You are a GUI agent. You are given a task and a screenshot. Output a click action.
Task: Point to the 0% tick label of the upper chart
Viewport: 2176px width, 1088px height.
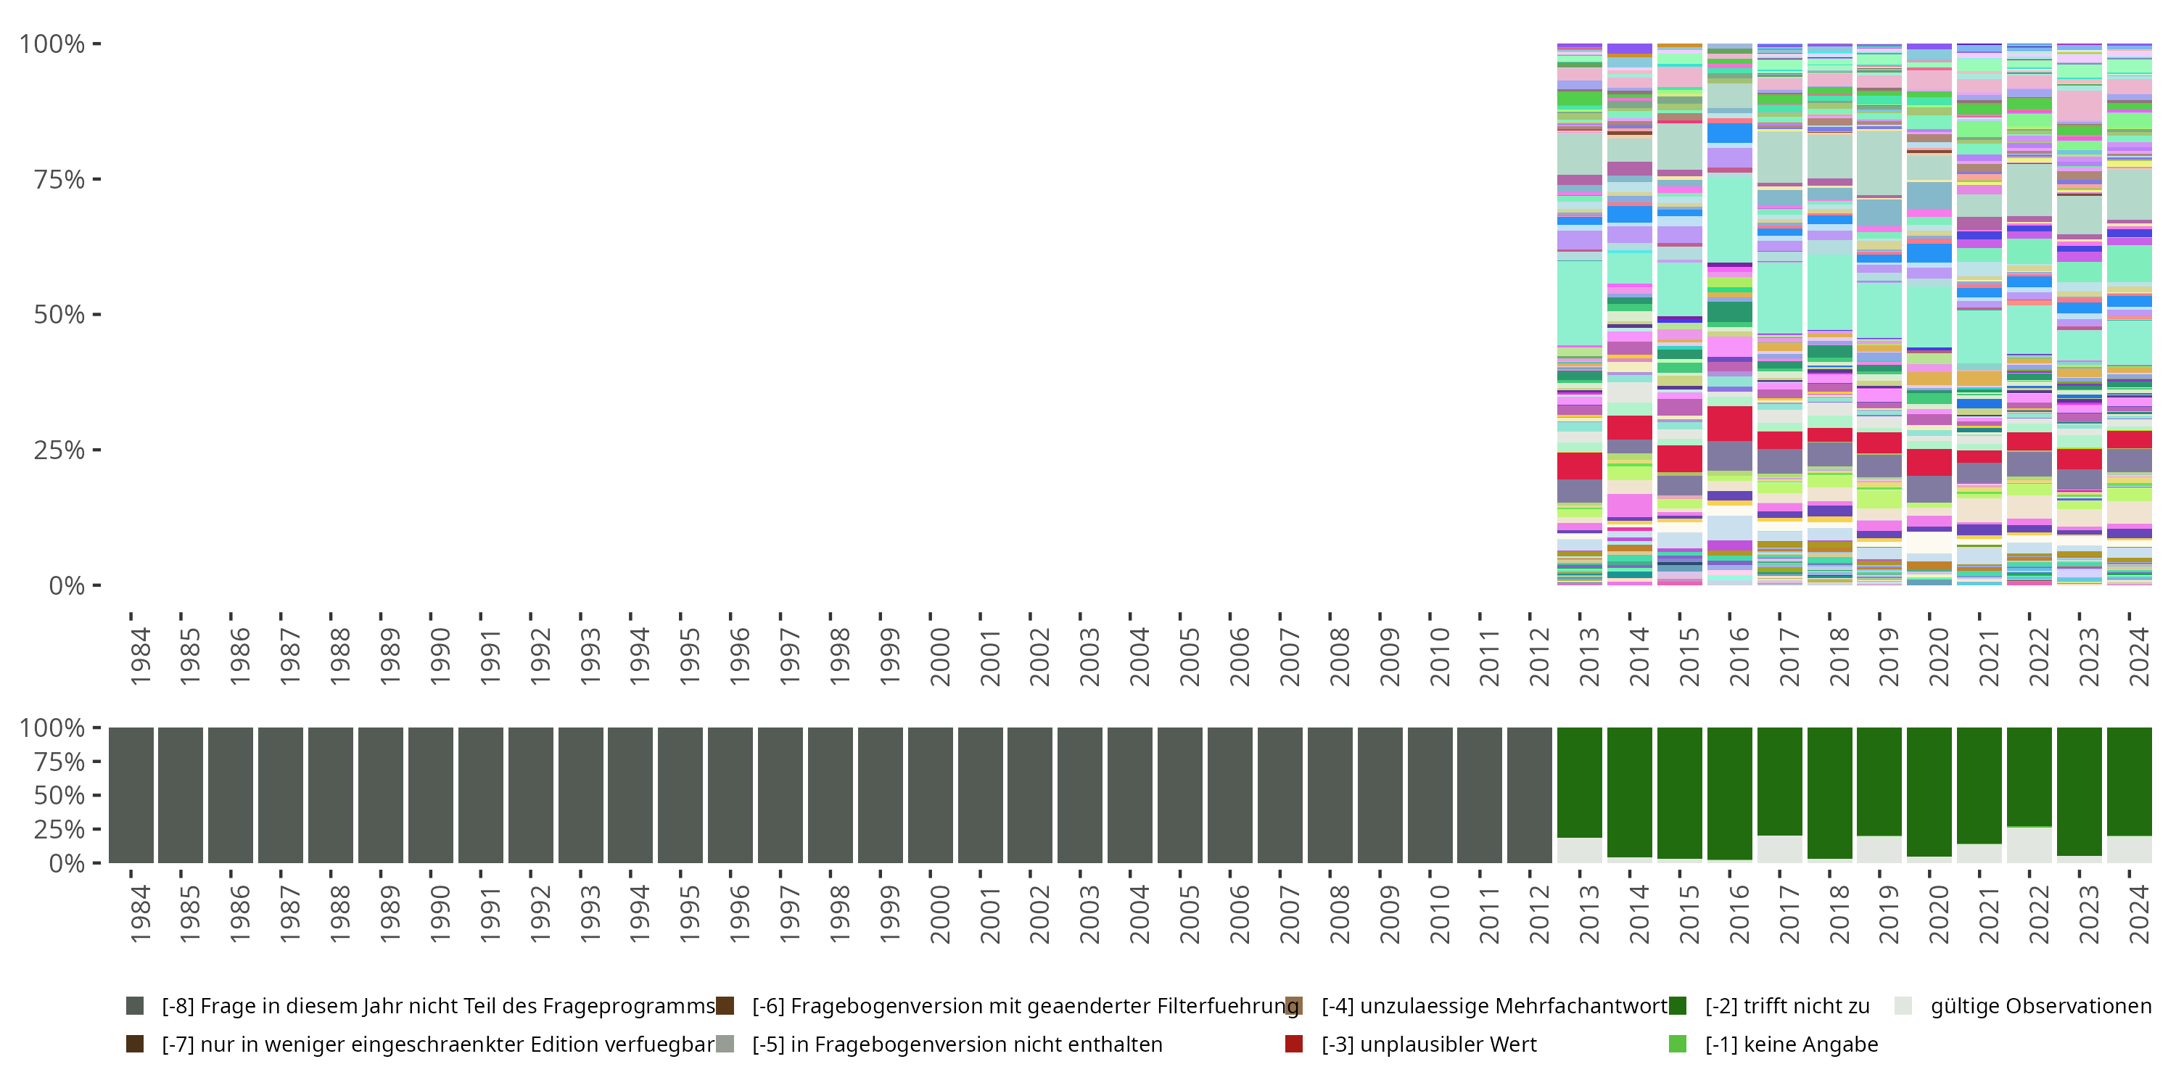[66, 585]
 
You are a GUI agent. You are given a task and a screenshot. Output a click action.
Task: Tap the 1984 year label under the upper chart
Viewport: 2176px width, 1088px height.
[140, 656]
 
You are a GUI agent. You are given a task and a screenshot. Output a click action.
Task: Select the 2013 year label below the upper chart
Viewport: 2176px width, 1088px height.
[1589, 656]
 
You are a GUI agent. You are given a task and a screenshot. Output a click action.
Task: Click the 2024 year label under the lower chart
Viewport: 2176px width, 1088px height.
[2139, 914]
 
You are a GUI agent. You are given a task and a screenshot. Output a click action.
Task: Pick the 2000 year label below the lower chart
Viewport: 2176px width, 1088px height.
[939, 914]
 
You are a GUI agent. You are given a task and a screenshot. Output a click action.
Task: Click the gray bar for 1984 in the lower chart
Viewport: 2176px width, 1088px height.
[131, 795]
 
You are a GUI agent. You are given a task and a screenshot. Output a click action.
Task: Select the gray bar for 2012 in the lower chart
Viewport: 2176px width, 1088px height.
[1530, 795]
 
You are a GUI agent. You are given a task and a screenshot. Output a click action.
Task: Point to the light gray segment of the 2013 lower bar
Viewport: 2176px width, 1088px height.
[1580, 850]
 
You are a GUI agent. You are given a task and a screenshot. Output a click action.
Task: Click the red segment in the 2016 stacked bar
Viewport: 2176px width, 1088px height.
[1730, 423]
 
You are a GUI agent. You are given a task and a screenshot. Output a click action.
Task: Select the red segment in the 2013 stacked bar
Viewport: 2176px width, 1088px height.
[1580, 466]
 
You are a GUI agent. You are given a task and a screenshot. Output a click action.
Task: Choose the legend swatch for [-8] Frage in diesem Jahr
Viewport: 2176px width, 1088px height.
[135, 1006]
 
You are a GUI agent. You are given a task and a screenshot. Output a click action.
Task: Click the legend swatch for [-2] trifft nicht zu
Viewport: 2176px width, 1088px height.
[1678, 1006]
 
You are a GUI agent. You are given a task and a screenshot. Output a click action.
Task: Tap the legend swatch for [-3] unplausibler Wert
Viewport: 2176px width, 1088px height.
[1293, 1044]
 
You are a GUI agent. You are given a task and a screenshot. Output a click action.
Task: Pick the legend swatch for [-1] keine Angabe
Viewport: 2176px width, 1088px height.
[1678, 1044]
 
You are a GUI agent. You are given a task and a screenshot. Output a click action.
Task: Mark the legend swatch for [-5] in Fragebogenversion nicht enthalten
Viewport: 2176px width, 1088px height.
[725, 1044]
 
